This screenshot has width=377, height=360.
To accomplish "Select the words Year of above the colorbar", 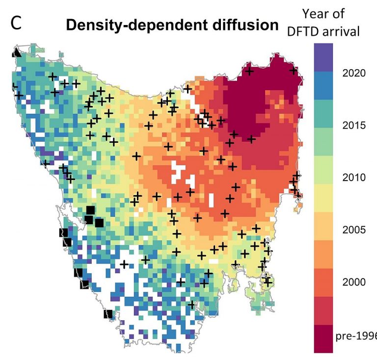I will pyautogui.click(x=324, y=13).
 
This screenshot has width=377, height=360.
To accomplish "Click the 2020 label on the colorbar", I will pyautogui.click(x=353, y=74).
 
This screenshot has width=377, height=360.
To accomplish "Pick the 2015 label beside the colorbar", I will pyautogui.click(x=353, y=126).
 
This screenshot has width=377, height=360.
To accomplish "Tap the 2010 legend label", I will pyautogui.click(x=353, y=178).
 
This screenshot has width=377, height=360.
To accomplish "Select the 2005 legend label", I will pyautogui.click(x=353, y=230).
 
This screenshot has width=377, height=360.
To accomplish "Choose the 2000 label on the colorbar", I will pyautogui.click(x=353, y=282).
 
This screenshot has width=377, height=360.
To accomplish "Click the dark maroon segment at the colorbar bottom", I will pyautogui.click(x=323, y=338).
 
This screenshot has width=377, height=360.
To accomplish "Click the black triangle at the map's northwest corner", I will pyautogui.click(x=17, y=52).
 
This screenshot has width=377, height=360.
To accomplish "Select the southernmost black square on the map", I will pyautogui.click(x=108, y=314).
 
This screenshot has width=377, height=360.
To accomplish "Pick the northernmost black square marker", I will pyautogui.click(x=90, y=210).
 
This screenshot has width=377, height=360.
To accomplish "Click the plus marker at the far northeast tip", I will pyautogui.click(x=294, y=71).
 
